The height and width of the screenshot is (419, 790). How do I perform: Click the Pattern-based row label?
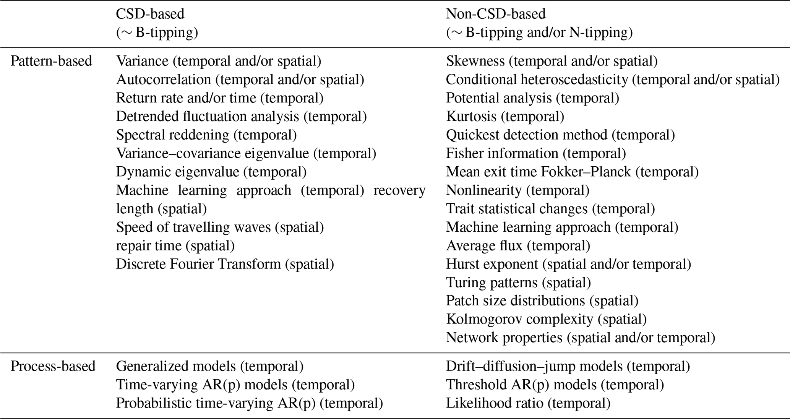click(51, 61)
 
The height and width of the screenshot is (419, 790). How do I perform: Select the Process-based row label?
click(53, 366)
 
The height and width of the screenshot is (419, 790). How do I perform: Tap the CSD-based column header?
click(150, 14)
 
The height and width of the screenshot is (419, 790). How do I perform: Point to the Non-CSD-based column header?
click(496, 14)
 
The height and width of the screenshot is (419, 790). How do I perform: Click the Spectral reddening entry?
click(206, 135)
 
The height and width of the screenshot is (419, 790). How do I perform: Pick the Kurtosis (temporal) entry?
click(505, 117)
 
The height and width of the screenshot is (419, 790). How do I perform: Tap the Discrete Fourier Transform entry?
click(225, 264)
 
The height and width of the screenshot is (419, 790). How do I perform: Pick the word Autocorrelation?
click(164, 80)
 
